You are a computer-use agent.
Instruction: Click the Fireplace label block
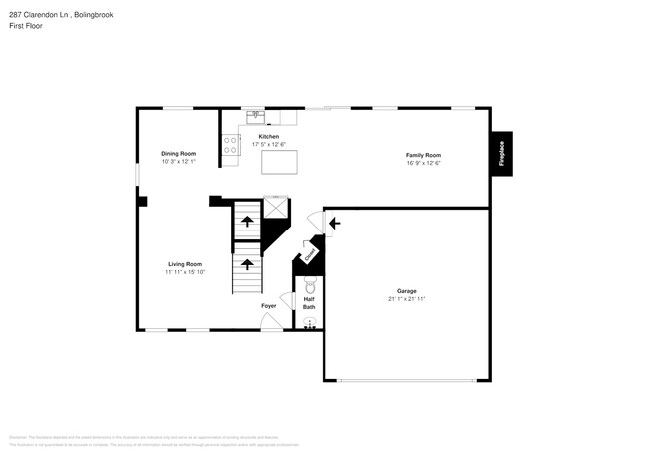[x=501, y=154]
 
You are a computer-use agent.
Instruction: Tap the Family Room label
[x=423, y=155]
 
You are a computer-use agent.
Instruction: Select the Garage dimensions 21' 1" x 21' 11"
[x=406, y=299]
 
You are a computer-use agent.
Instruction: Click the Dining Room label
[x=178, y=153]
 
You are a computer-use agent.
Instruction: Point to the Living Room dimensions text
[x=186, y=271]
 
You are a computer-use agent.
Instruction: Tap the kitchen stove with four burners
[x=231, y=146]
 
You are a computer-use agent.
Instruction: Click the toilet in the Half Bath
[x=309, y=286]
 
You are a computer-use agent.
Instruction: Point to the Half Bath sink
[x=308, y=322]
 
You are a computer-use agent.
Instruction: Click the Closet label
[x=311, y=256]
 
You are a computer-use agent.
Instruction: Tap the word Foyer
[x=269, y=305]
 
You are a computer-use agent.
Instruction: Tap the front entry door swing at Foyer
[x=271, y=321]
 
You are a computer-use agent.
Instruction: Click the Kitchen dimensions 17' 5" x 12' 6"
[x=269, y=144]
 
